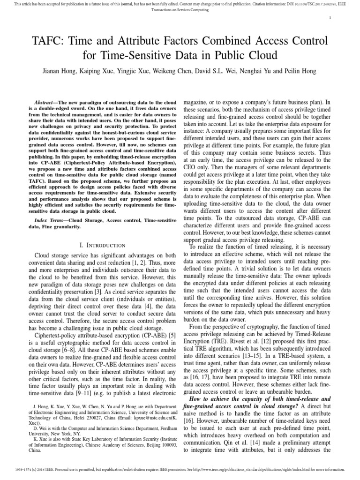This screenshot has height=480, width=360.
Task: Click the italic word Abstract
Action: coord(46,102)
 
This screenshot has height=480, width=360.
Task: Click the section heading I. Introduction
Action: coord(102,245)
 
